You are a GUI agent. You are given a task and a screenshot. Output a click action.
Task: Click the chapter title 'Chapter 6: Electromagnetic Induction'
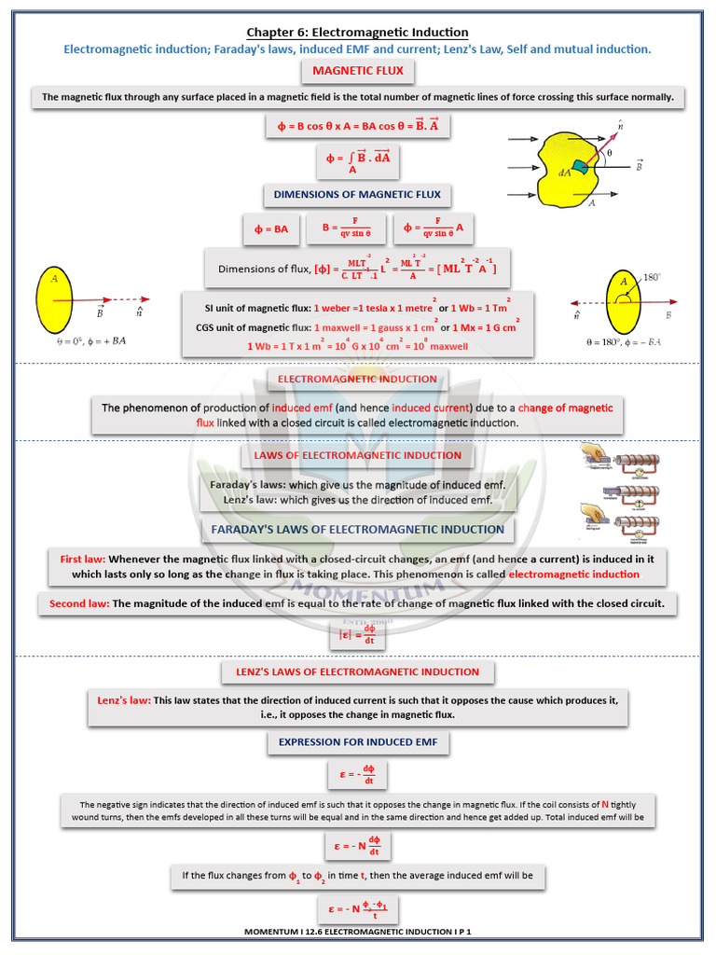[357, 33]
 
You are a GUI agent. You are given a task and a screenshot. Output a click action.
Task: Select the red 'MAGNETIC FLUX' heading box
[357, 71]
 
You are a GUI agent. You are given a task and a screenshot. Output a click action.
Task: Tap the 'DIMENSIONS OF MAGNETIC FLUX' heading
[357, 195]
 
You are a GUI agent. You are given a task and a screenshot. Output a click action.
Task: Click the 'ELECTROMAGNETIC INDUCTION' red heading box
[357, 379]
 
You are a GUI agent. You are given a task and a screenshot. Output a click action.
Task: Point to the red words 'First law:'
[83, 559]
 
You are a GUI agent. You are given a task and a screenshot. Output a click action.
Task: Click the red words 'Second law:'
[79, 603]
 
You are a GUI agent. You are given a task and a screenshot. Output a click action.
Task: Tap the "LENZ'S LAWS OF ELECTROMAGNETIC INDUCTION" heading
[358, 671]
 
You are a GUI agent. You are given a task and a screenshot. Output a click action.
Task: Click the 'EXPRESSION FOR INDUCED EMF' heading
[358, 742]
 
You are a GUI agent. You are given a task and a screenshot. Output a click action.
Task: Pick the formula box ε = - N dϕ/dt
[358, 846]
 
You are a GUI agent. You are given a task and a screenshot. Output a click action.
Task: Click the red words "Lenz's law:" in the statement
[124, 699]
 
